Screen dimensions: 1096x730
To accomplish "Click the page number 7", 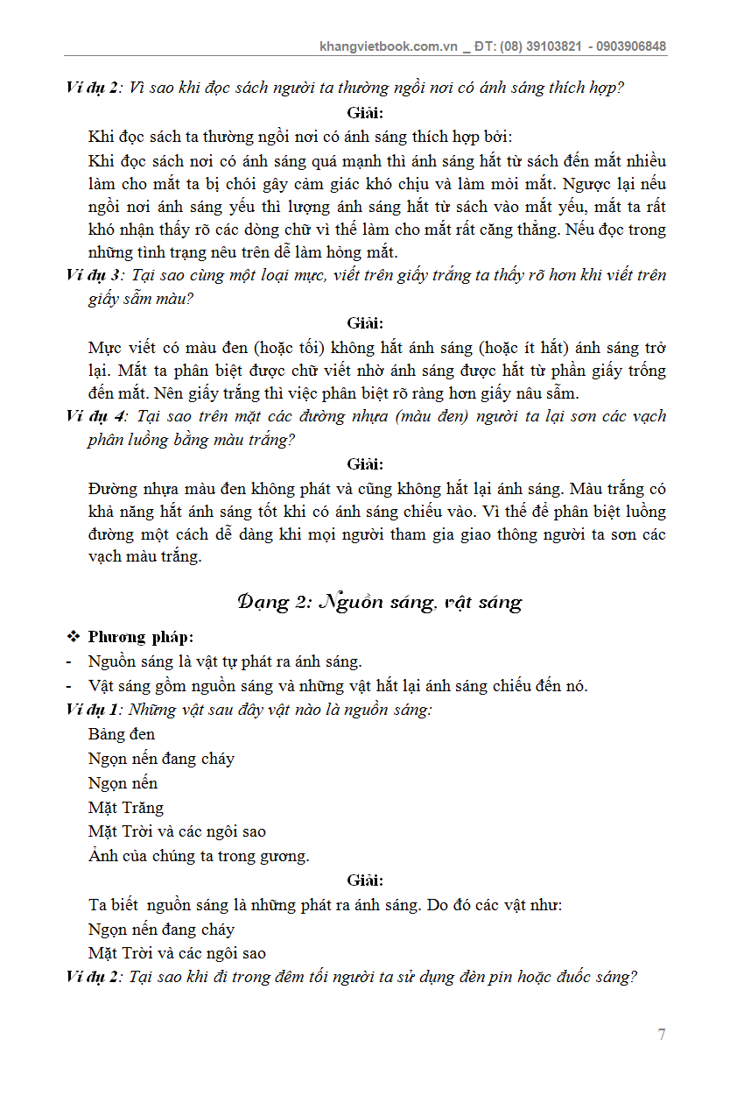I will click(x=661, y=1035).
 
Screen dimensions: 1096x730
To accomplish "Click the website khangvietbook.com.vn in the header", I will click(x=389, y=46).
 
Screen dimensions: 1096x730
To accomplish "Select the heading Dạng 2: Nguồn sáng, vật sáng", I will click(x=379, y=602).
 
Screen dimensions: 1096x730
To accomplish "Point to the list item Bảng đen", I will click(x=122, y=734).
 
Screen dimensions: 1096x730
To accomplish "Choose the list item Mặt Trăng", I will click(x=126, y=808).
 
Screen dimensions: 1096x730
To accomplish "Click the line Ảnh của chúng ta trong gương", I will click(x=199, y=856).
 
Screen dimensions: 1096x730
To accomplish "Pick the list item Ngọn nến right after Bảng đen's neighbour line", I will click(x=123, y=783).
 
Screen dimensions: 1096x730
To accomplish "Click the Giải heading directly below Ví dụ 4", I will click(x=365, y=464).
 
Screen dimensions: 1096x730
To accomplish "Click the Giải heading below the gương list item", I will click(x=365, y=880).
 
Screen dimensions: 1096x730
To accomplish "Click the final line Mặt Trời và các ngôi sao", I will click(x=177, y=953).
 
